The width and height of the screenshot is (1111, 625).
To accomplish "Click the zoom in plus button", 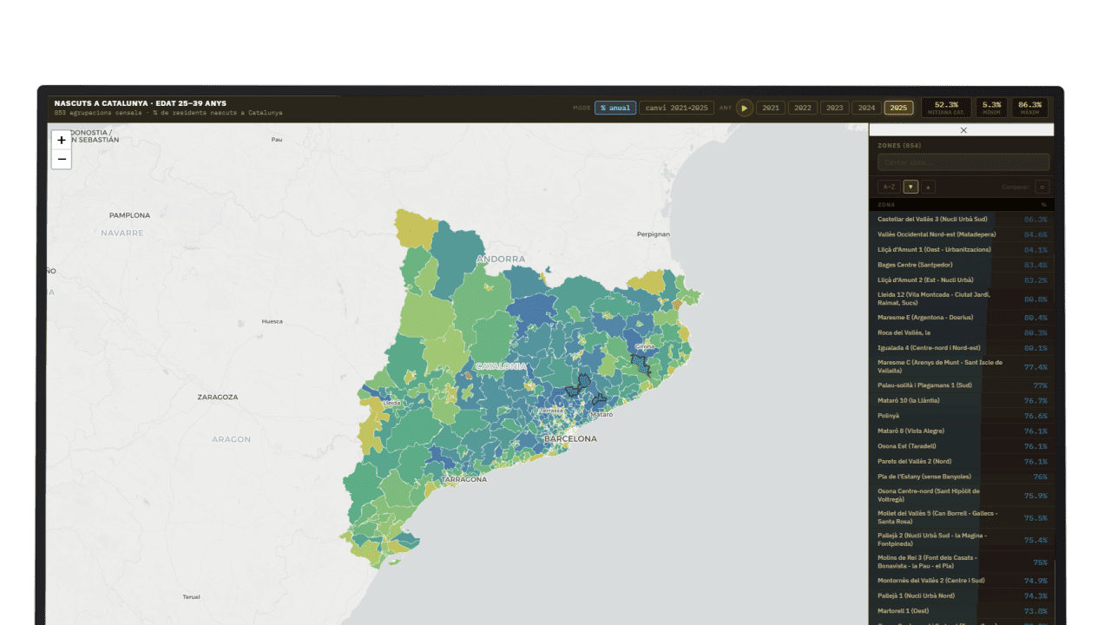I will click(x=62, y=140).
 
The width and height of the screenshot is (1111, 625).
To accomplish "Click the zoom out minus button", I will click(x=62, y=159).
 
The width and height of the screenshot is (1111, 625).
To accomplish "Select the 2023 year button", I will click(x=834, y=108).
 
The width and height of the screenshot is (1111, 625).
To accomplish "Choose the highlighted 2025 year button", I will click(x=898, y=108).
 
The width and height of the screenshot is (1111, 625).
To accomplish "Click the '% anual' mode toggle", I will click(x=615, y=108).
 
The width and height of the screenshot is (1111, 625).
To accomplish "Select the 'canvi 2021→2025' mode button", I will click(x=676, y=108).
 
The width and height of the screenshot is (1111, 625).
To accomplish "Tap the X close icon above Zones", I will click(x=963, y=130).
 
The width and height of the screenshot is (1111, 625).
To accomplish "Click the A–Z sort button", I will click(x=889, y=187).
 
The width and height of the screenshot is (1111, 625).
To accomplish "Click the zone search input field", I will click(x=963, y=162).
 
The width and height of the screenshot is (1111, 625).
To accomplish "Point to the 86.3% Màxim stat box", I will click(x=1029, y=108).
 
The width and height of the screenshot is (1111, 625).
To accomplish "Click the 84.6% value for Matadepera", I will click(x=1035, y=234).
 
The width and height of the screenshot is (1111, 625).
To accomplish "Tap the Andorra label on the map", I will click(x=501, y=259).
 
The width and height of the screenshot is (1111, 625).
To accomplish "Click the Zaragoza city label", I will click(x=217, y=397).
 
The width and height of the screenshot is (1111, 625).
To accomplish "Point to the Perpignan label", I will click(x=654, y=234).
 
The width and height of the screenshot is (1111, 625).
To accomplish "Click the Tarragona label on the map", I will click(x=463, y=479).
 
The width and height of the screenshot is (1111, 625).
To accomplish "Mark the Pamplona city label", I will click(x=129, y=215).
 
